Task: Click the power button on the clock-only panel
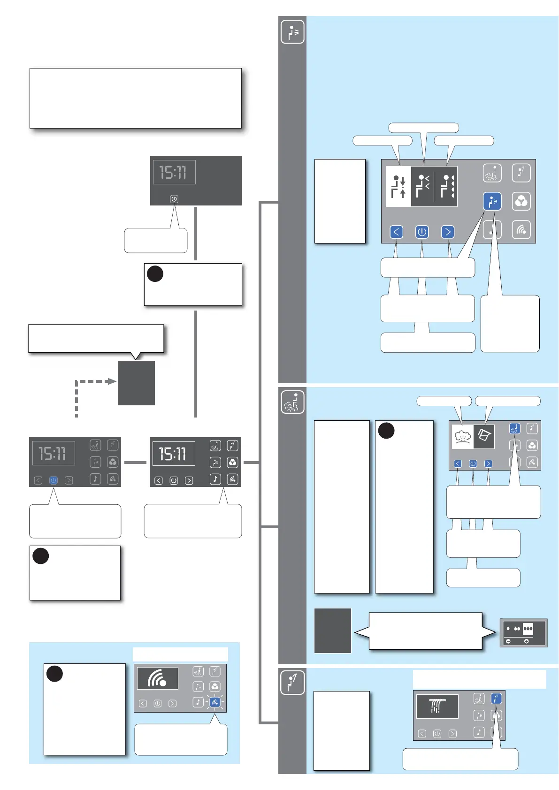tap(174, 199)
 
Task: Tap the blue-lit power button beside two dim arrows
tap(54, 480)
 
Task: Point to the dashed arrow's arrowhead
tap(112, 381)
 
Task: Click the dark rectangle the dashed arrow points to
tap(137, 383)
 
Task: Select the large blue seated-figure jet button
tap(492, 201)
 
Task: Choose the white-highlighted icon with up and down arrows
tap(399, 187)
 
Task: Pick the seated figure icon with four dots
tap(447, 186)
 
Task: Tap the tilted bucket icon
tap(484, 436)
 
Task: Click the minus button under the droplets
tap(508, 641)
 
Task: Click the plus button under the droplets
tap(526, 641)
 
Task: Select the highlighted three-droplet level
tap(528, 629)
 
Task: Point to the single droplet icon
tap(508, 629)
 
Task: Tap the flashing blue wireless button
tap(214, 702)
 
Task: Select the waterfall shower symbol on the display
tap(437, 706)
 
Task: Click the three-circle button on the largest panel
tap(521, 201)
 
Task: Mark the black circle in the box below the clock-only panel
tap(155, 274)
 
